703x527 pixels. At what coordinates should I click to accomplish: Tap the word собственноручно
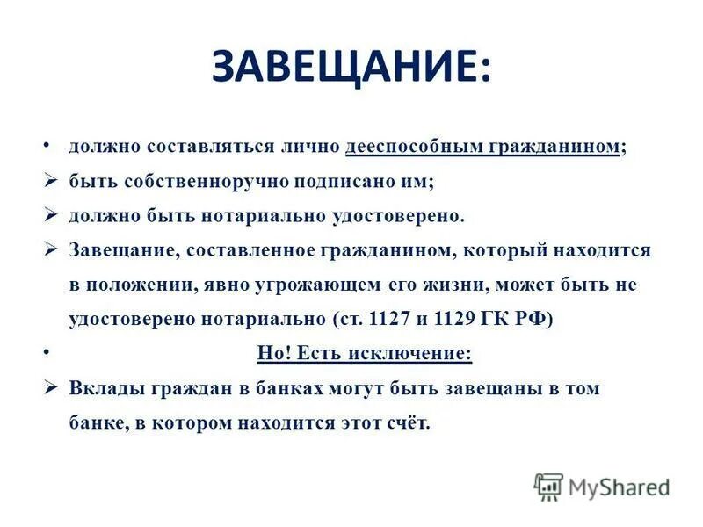pos(197,182)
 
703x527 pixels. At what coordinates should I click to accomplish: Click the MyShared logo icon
pos(548,487)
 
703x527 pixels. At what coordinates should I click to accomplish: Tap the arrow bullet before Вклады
pos(50,387)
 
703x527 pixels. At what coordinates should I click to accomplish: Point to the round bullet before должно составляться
pos(45,145)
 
